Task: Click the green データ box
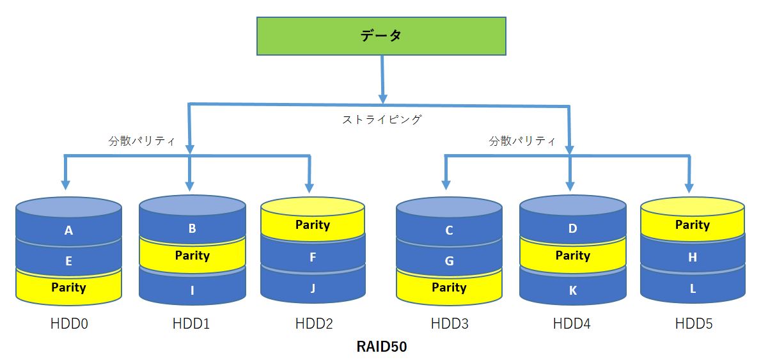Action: tap(381, 36)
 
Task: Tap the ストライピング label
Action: tap(382, 120)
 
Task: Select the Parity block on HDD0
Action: tap(68, 287)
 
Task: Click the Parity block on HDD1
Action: tap(192, 255)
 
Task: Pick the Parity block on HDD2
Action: tap(313, 224)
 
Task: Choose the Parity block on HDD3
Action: tap(449, 287)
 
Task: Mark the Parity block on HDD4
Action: tap(573, 255)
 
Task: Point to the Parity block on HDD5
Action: tap(693, 224)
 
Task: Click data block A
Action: tap(68, 230)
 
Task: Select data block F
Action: tap(313, 257)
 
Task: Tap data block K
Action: tap(573, 290)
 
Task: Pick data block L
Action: tap(693, 288)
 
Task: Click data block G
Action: tap(449, 261)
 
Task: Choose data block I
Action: tap(192, 290)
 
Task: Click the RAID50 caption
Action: tap(382, 347)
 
